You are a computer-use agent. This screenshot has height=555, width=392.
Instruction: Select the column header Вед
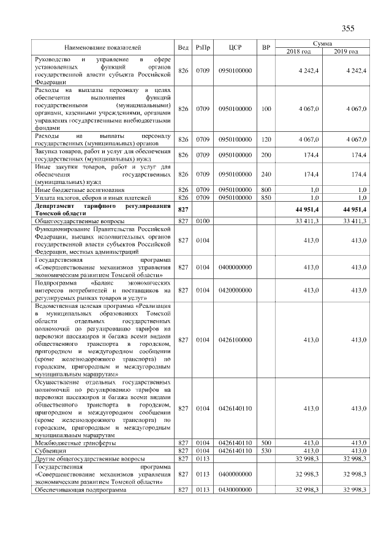pos(183,47)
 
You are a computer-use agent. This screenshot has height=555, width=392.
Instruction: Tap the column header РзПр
pos(202,47)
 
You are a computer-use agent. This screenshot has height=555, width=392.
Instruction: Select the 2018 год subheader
pos(299,51)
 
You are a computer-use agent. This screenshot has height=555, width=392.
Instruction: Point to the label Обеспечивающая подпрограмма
pos(79,490)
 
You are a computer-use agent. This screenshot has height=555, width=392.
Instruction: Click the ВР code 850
pos(266,197)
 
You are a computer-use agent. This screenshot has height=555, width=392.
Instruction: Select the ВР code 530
pos(266,450)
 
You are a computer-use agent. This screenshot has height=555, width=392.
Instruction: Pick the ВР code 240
pos(266,175)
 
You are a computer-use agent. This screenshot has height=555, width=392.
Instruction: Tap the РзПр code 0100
pos(202,221)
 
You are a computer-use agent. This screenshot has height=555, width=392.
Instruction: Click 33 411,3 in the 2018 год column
pos(307,221)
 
